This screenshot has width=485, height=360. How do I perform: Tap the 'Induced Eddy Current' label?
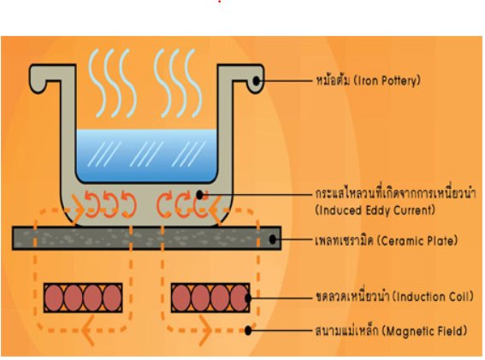(x=376, y=210)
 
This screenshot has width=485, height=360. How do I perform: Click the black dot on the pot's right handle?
(x=257, y=80)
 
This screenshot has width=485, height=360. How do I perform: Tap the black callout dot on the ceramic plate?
(x=273, y=239)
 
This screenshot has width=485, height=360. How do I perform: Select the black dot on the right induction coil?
(x=248, y=298)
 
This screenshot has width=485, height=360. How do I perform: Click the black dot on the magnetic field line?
(x=248, y=331)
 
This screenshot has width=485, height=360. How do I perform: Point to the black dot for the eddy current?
(x=200, y=195)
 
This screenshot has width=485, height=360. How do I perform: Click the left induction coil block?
(x=83, y=298)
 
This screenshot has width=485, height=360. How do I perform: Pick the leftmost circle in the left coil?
(x=54, y=298)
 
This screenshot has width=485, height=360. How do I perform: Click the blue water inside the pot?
(x=146, y=155)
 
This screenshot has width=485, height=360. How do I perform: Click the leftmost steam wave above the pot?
(x=98, y=83)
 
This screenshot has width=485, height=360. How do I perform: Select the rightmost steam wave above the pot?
(x=193, y=83)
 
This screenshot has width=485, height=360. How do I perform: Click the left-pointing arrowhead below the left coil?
(x=88, y=330)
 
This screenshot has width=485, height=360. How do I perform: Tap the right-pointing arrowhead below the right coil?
(x=204, y=330)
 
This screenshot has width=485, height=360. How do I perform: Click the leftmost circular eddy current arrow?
(x=92, y=204)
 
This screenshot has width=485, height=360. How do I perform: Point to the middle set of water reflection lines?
(x=146, y=154)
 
